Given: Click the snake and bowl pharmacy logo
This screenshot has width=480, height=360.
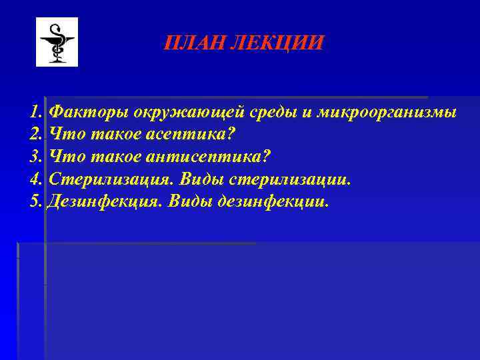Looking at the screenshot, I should click(57, 42).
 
